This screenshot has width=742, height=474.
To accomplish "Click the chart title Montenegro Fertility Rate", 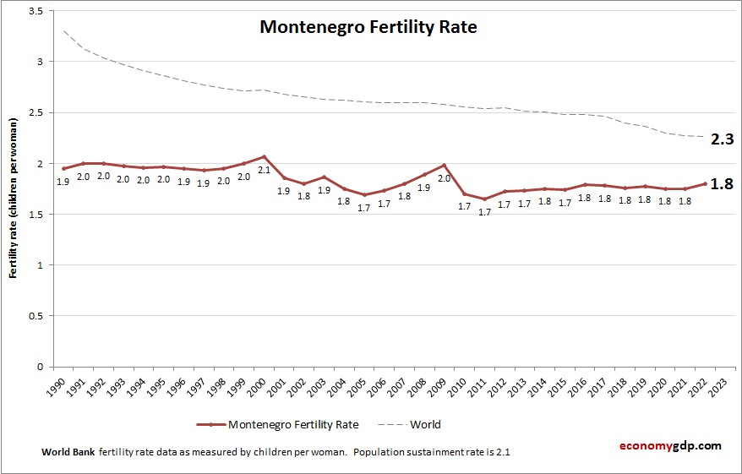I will coord(368,27).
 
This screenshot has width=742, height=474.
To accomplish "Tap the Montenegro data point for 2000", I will coord(264,156).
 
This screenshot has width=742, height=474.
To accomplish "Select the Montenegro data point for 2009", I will coord(444,165).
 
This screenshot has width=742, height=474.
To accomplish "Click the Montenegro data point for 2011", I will coord(484,199).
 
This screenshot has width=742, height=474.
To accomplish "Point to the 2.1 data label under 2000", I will coord(264,171).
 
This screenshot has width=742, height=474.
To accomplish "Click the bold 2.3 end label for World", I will coord(721,139).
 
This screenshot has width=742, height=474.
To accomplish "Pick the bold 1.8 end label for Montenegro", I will coord(721,183).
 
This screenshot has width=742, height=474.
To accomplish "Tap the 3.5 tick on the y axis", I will coord(35,11).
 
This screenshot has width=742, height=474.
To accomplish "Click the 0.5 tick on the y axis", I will coord(35,316).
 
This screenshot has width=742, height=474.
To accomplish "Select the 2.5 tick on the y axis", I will coord(35,112).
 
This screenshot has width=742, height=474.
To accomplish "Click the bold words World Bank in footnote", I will coord(68,452).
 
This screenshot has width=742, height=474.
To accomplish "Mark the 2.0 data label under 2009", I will coord(444,179).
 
